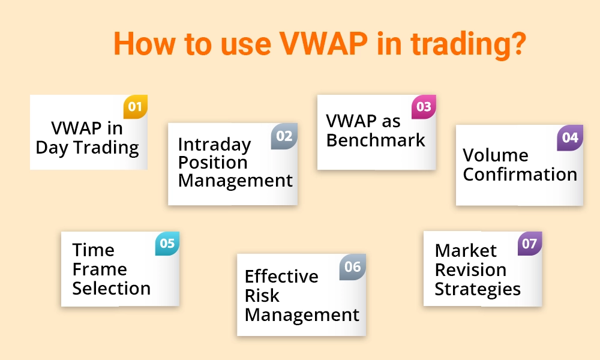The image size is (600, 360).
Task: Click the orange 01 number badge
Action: [135, 107]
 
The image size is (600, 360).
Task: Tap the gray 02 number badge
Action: [284, 136]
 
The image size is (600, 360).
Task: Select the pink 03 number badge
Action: [424, 107]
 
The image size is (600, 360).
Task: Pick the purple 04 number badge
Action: [570, 137]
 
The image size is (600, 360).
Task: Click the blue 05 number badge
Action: [167, 244]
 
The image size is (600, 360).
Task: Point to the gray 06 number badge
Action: [353, 266]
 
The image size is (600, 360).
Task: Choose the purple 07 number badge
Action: [530, 244]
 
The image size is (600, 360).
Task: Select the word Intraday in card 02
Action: [214, 145]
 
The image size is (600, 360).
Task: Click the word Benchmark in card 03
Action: [376, 140]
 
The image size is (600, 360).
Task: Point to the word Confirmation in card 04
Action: [520, 175]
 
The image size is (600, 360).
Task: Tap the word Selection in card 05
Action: [111, 288]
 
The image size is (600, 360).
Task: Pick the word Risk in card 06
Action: [262, 295]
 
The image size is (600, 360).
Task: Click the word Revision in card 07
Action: [470, 269]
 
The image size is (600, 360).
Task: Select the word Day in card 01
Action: [52, 148]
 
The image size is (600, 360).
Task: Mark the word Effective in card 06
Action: [281, 277]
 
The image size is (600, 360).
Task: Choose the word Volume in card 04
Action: [496, 155]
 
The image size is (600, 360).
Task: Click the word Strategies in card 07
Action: [478, 289]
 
